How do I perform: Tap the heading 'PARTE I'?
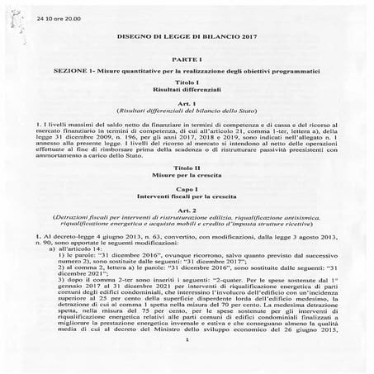click(x=187, y=63)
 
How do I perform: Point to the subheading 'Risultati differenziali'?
click(x=187, y=93)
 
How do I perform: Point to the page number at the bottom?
click(x=187, y=362)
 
